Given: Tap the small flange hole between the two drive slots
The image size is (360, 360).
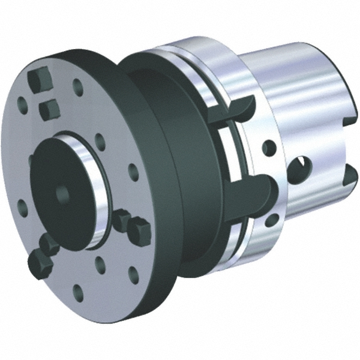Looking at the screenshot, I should pos(269,148).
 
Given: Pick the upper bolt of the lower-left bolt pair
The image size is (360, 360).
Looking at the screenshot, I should pos(48,244).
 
